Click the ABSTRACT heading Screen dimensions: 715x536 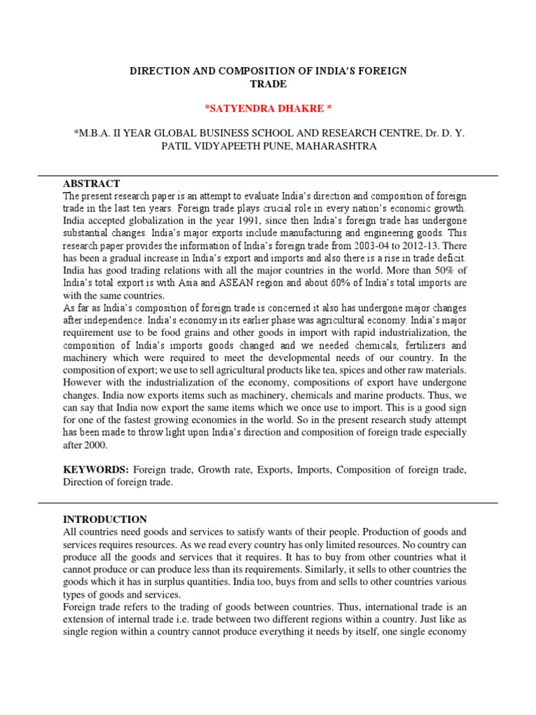(91, 183)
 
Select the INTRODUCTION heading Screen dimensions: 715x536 (105, 519)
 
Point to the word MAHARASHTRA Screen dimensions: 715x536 (336, 147)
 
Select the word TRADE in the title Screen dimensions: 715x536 (268, 84)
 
